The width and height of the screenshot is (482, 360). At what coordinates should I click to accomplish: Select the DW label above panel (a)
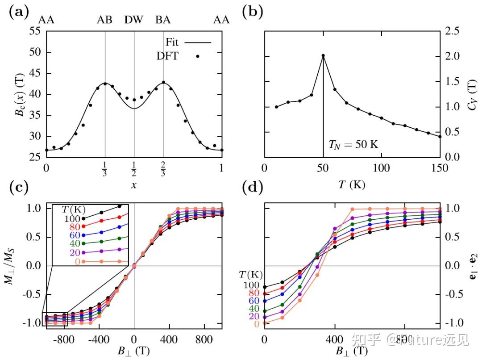click(x=134, y=20)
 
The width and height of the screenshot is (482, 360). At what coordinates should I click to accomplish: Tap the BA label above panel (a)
click(x=163, y=20)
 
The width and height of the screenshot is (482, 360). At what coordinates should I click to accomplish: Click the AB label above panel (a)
click(x=105, y=20)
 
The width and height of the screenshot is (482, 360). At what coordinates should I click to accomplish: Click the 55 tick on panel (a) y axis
click(x=34, y=31)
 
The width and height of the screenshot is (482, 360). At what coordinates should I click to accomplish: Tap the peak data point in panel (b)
click(x=323, y=56)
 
